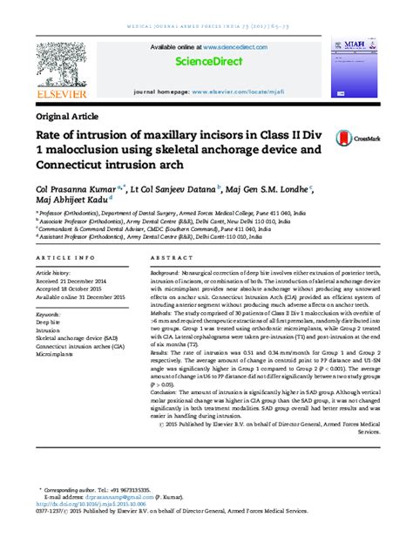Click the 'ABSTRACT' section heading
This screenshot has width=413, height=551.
click(x=170, y=259)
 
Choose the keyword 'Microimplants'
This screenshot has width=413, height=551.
click(x=54, y=355)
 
